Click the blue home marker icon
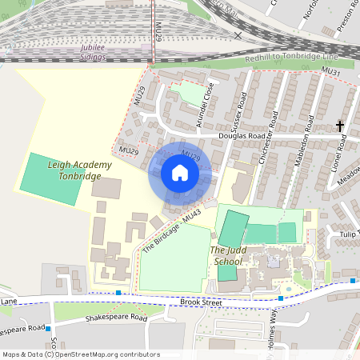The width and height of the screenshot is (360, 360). (180, 173)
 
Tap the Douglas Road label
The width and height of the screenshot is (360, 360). (241, 137)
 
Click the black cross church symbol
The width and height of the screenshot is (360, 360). (340, 126)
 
